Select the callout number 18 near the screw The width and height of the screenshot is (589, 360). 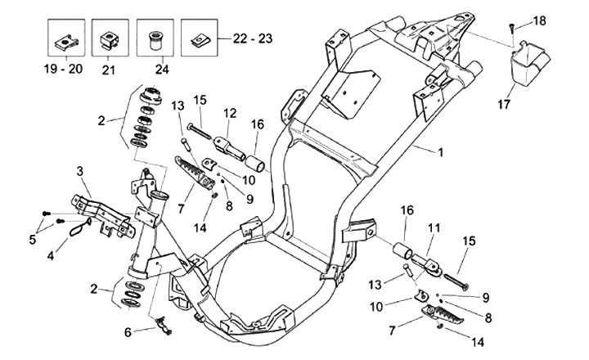pos(541,20)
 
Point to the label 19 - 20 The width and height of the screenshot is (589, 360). pos(63,70)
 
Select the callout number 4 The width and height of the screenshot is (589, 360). pos(51,256)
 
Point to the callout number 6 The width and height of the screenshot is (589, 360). pos(128,331)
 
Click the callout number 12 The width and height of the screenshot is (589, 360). pos(229,112)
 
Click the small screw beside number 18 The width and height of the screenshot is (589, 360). pos(512,28)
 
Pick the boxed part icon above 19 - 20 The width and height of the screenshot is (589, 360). pos(63,38)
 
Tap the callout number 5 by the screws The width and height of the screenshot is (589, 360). pos(33,239)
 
